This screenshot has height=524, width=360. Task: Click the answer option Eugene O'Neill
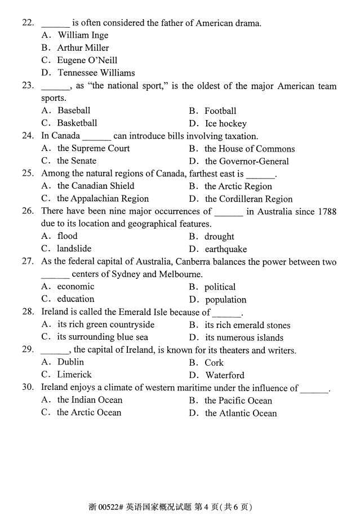point(87,60)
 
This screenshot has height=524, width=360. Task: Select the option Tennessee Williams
point(96,73)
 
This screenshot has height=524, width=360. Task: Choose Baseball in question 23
point(74,110)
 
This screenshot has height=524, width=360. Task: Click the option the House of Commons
point(250,149)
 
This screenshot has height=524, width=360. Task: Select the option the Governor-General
point(247,161)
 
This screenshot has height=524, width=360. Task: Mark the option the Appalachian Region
point(103,198)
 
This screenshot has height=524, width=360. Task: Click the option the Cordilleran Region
point(248,199)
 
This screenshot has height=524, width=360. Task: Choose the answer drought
point(219,237)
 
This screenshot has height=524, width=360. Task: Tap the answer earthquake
point(226,249)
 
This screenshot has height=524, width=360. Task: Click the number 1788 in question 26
point(326,211)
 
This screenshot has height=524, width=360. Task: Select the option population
point(226,300)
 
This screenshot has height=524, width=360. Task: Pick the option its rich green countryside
point(105,325)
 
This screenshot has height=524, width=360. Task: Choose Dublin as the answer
point(70,362)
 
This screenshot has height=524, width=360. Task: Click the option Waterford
point(225,375)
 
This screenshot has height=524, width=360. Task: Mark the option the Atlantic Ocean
point(241,413)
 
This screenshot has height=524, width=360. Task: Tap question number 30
point(28,387)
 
